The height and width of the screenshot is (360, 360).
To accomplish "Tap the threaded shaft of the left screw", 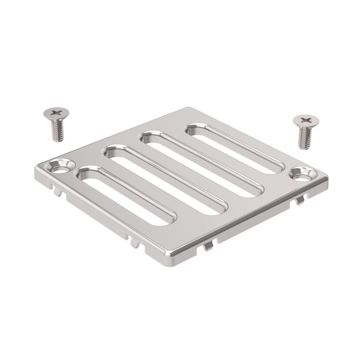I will pyautogui.click(x=58, y=131).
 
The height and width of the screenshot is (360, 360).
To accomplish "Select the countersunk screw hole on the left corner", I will pyautogui.click(x=61, y=166).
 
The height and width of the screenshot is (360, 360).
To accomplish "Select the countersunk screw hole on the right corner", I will pyautogui.click(x=304, y=175).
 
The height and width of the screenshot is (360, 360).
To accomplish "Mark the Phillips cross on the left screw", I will pyautogui.click(x=56, y=112).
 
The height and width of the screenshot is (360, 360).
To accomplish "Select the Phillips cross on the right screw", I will pyautogui.click(x=306, y=120).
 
